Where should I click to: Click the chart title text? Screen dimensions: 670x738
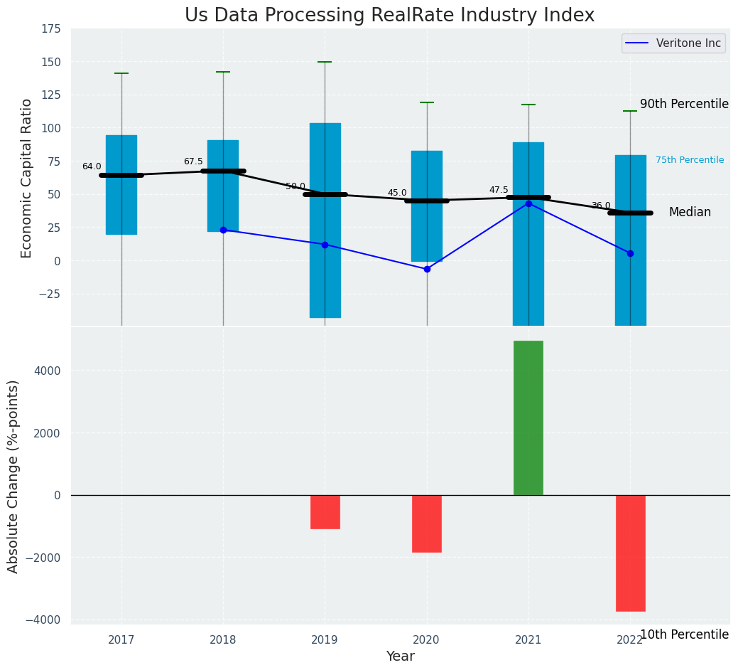(389, 16)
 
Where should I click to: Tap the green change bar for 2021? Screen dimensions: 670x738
(528, 418)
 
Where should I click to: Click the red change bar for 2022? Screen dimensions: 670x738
(630, 553)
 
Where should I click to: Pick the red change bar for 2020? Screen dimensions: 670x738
(427, 523)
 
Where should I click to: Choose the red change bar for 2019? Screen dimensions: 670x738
(325, 511)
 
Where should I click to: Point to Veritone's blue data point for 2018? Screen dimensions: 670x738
(223, 230)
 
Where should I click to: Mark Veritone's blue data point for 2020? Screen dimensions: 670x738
(427, 269)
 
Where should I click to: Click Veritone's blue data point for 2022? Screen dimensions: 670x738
(630, 253)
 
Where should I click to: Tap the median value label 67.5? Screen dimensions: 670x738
(193, 161)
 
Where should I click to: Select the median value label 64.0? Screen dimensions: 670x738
(92, 166)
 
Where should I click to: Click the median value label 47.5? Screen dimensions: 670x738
(499, 190)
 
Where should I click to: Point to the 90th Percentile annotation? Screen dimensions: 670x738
(684, 104)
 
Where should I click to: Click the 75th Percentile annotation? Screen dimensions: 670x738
(689, 160)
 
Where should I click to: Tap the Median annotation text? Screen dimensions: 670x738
(689, 212)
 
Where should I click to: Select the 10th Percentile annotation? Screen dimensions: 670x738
(684, 634)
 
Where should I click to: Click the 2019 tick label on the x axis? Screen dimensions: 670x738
(325, 640)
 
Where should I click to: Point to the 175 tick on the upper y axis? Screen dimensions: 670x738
(50, 30)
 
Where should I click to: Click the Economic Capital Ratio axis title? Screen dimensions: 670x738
(27, 178)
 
